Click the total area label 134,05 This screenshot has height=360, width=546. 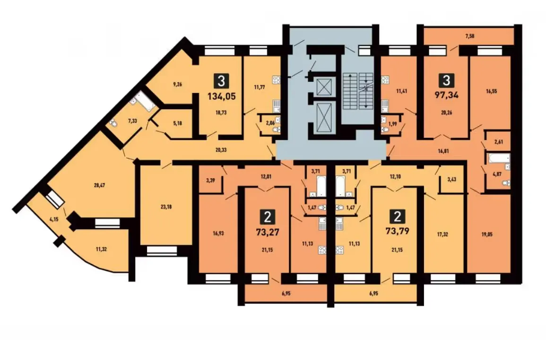coord(221,96)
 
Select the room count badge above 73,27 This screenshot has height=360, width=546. coord(268,218)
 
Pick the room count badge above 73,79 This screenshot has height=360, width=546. coord(397,217)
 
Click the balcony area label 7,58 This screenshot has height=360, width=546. coord(470,36)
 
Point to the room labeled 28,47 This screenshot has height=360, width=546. coord(99,185)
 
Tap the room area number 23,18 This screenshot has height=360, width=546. coord(166,207)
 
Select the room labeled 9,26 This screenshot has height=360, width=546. coord(177,84)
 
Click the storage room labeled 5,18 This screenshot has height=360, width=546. coord(177,123)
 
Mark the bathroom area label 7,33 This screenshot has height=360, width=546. coord(132,121)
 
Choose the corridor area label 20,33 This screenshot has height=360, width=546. coord(221,150)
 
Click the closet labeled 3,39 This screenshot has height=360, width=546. coord(210,180)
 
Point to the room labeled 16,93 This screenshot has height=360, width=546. coord(218,233)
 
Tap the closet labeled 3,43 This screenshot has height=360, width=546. coord(451,180)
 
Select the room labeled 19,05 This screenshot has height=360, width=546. coord(487,234)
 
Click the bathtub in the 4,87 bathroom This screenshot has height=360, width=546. coord(499,158)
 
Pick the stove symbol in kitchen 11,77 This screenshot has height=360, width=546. coord(277,80)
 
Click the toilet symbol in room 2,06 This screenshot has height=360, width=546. coord(277,130)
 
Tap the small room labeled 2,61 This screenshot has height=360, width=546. coord(498,142)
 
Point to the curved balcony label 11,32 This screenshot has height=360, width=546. coord(101,249)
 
